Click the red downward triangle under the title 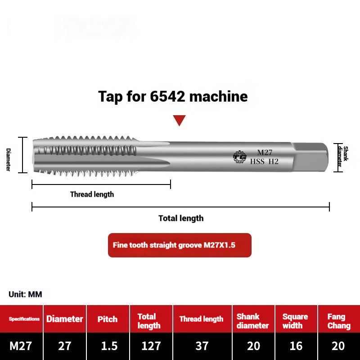click(180, 120)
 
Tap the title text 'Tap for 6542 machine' click(173, 96)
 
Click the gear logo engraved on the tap click(239, 157)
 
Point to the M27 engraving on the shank click(265, 153)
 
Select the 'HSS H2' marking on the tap click(264, 162)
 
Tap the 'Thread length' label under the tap click(92, 194)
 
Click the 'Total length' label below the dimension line click(181, 218)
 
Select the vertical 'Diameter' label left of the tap click(8, 159)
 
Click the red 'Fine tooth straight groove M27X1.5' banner click(180, 245)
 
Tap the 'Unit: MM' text click(25, 294)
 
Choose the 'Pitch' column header click(108, 319)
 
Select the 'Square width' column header click(295, 321)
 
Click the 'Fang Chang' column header click(339, 321)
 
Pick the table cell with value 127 click(151, 346)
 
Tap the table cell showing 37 click(202, 346)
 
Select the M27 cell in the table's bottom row click(21, 346)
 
